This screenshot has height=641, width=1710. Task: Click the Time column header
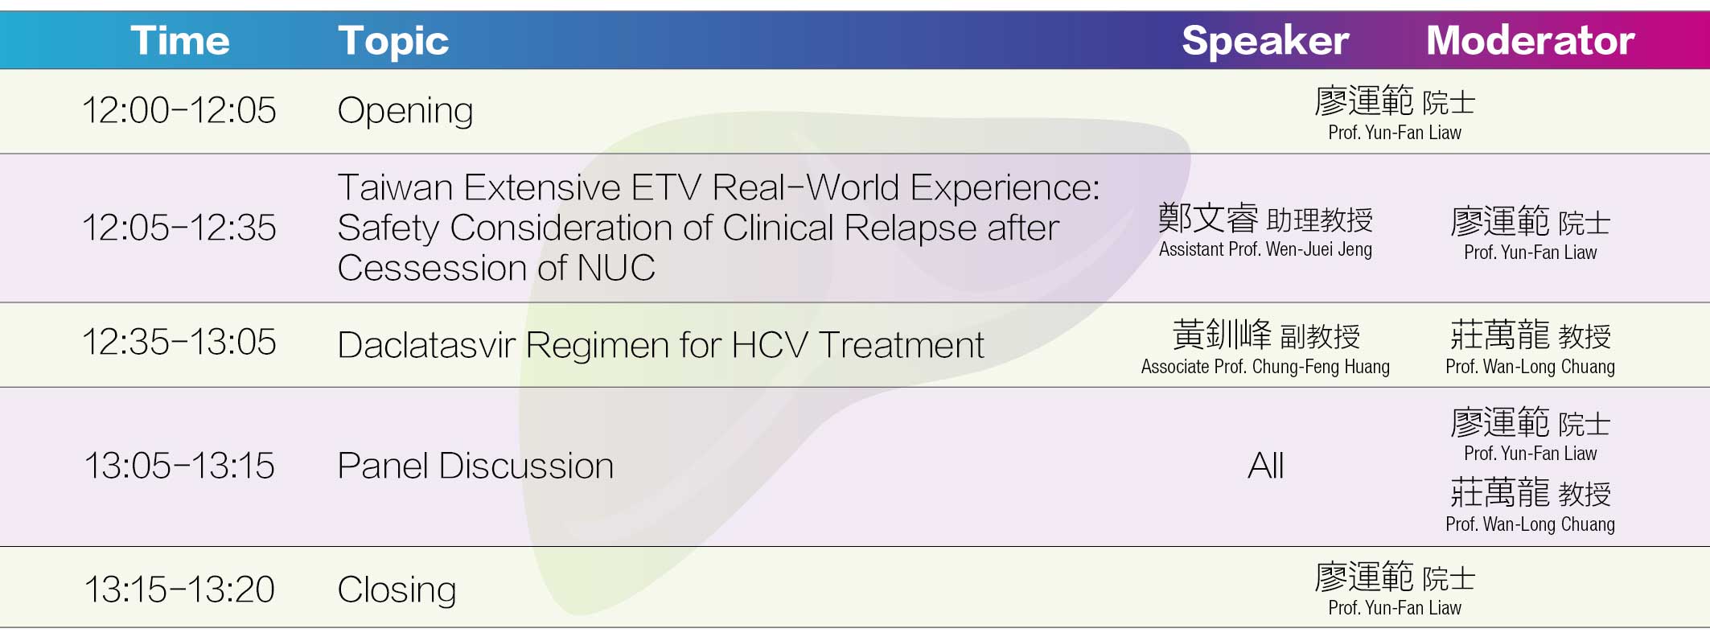180,40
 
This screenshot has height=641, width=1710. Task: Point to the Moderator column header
1530,40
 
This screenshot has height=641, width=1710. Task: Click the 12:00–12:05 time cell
179,110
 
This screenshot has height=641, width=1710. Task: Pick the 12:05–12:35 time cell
179,228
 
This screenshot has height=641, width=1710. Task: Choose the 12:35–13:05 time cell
179,343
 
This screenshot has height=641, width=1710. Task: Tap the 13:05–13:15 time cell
179,466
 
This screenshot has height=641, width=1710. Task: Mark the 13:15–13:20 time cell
179,590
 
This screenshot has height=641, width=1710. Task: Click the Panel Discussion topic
475,466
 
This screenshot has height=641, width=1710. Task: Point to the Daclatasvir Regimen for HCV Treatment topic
660,346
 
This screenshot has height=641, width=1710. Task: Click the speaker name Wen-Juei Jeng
1319,249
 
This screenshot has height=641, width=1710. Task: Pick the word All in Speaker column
1265,466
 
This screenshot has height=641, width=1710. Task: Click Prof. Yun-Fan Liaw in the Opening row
1395,133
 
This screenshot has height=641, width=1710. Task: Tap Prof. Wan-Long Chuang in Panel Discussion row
1530,524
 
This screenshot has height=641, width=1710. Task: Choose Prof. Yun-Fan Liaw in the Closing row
1395,608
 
